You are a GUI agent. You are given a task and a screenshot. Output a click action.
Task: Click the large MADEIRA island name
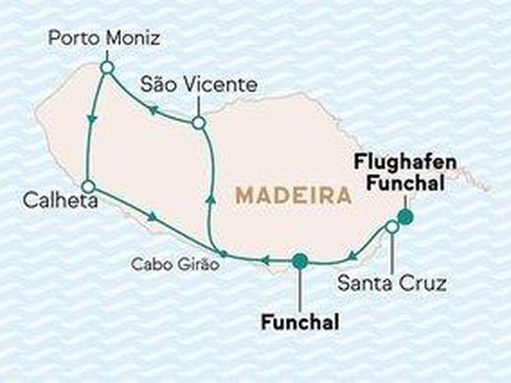[293, 197]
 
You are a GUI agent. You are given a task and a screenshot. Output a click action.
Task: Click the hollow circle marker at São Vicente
[199, 124]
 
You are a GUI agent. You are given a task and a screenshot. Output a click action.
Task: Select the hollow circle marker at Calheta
[87, 186]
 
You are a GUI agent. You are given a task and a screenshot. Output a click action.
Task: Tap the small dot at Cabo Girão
[223, 254]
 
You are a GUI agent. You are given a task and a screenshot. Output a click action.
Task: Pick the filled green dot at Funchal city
[300, 260]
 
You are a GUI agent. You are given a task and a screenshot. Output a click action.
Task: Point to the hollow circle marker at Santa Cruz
[392, 228]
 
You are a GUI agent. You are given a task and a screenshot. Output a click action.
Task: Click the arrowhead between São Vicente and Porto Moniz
[151, 111]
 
